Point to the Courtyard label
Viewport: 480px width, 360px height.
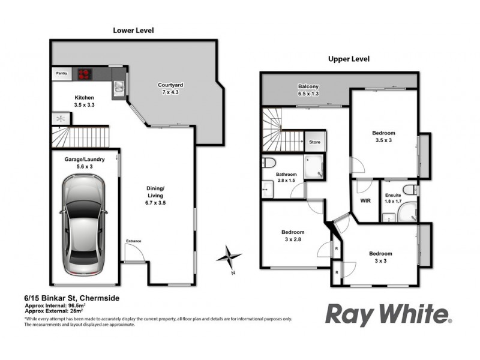pos(170,85)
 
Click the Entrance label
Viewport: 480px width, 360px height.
pos(133,241)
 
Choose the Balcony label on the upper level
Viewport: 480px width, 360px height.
pos(308,86)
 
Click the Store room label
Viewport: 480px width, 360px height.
pos(314,142)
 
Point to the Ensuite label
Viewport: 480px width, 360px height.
pos(394,196)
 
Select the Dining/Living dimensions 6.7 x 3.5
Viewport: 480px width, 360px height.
pos(155,203)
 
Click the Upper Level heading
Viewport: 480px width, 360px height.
pos(349,59)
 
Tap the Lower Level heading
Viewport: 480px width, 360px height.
pos(135,29)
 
